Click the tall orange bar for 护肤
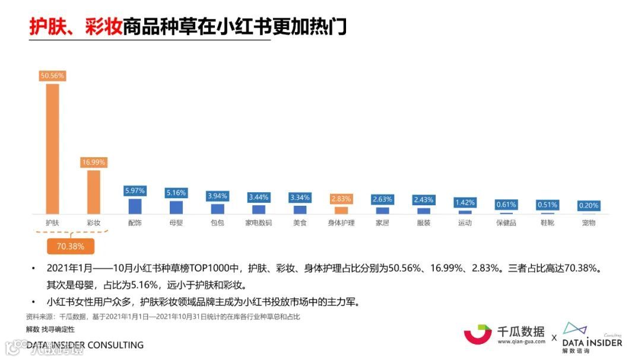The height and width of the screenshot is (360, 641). point(52,148)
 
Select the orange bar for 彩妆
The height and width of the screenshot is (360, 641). point(94,192)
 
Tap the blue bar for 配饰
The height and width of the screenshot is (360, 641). point(135,206)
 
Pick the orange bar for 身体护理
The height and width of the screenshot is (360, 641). point(341,210)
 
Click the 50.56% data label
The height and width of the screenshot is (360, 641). point(52,76)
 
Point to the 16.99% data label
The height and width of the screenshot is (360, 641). point(94,163)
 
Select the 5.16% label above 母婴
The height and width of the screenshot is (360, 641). point(176,193)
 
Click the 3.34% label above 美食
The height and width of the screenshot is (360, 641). point(300,197)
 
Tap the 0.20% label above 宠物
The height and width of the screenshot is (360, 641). point(589,206)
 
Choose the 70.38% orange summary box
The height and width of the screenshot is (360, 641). point(71,246)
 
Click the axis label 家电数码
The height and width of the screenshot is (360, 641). point(259,223)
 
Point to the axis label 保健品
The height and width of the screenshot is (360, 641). point(506,223)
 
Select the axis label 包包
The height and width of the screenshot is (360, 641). point(217,223)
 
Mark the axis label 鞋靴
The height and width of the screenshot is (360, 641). point(547,223)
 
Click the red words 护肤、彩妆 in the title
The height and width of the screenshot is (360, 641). point(75,27)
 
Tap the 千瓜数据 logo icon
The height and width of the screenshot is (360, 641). point(478,334)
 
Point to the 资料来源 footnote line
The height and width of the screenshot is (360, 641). point(163,317)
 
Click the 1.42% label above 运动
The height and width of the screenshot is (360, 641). point(465,202)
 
